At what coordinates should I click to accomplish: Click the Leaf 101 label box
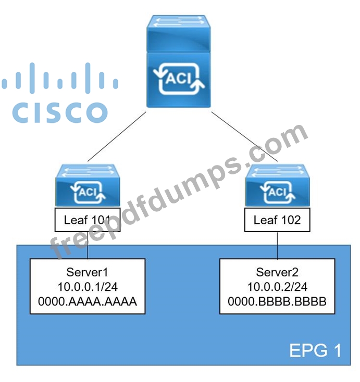(88, 220)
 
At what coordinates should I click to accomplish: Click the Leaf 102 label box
(277, 220)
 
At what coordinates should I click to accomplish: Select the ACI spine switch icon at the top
(179, 61)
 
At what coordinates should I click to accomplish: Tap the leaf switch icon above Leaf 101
(88, 185)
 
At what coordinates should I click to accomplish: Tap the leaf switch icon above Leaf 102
(277, 185)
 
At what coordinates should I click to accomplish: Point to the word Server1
(87, 272)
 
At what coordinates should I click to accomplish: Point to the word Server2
(277, 272)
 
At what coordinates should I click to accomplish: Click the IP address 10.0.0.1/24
(88, 287)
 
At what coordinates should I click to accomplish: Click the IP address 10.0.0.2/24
(277, 287)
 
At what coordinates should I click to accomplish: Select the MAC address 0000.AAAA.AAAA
(88, 302)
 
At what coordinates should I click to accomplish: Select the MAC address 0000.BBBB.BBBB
(277, 302)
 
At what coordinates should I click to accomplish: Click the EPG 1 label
(315, 351)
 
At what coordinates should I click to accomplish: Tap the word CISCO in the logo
(60, 112)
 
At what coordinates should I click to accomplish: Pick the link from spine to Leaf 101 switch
(117, 136)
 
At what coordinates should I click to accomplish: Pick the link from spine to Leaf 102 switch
(244, 136)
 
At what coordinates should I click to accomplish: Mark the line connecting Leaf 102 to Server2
(277, 245)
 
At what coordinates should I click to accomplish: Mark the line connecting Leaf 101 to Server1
(88, 245)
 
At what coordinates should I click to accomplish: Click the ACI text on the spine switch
(179, 79)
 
